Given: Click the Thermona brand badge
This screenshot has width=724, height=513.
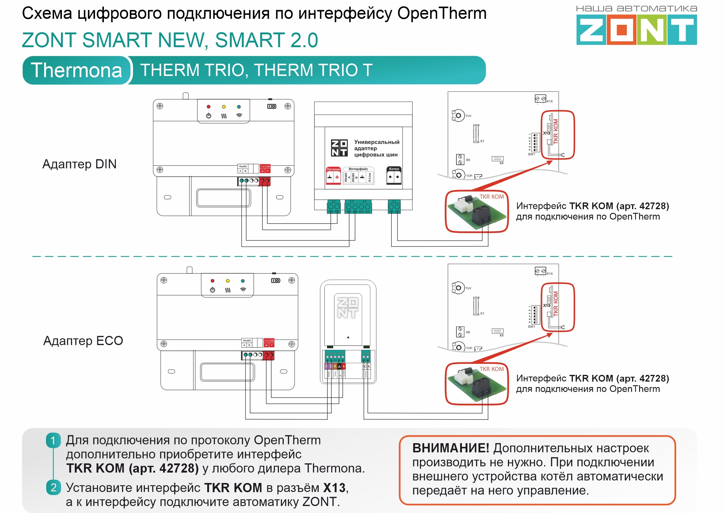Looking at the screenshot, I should [76, 70].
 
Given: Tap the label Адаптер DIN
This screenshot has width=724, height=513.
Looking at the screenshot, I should [79, 164].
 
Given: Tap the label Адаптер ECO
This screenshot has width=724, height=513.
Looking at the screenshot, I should [83, 341].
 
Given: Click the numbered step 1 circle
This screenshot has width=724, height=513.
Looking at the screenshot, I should [53, 440].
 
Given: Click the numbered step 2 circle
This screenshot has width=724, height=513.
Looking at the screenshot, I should [53, 488].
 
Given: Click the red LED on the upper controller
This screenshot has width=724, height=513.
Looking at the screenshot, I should [208, 107].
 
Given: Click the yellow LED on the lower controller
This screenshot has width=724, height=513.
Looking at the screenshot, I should [228, 281].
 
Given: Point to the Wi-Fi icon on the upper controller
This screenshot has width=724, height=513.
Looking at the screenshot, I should [239, 115].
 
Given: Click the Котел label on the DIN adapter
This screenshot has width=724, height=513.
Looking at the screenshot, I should [394, 169].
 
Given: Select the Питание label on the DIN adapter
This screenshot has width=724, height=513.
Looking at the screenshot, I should [333, 169].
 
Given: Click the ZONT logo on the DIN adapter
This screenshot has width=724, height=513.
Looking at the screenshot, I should [339, 148].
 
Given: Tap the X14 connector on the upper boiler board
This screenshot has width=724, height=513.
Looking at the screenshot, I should [540, 99].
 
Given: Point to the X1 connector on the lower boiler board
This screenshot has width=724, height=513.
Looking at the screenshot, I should [476, 306].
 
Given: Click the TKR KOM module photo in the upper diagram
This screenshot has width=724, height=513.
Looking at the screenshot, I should [476, 211].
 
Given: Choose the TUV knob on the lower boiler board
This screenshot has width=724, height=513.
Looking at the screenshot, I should [458, 288].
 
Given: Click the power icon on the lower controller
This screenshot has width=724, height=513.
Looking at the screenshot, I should [212, 290].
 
